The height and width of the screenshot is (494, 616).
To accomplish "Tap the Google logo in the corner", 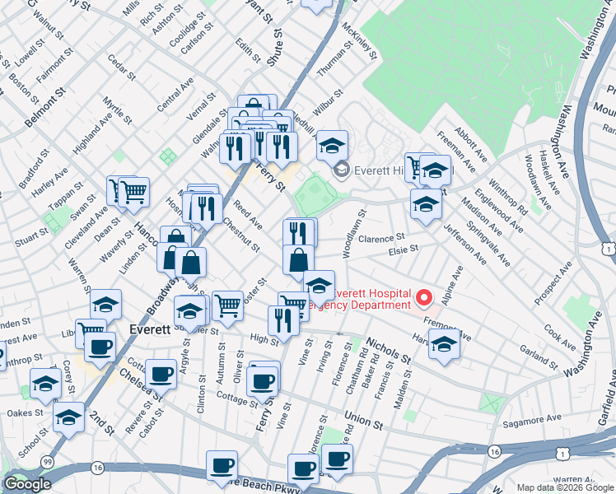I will pos(27,483).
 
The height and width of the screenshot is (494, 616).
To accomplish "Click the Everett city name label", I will pos(150,328).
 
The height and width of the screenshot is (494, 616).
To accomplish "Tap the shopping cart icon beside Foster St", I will pos(228,305).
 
